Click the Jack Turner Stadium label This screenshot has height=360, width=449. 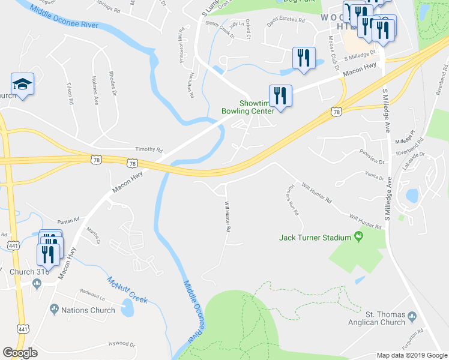click(315, 238)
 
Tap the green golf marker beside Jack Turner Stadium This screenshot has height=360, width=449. click(359, 236)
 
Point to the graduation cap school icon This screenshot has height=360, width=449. click(22, 85)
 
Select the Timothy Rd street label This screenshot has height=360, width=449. click(149, 149)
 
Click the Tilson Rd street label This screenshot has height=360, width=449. click(70, 94)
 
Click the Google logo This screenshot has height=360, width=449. click(20, 353)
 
